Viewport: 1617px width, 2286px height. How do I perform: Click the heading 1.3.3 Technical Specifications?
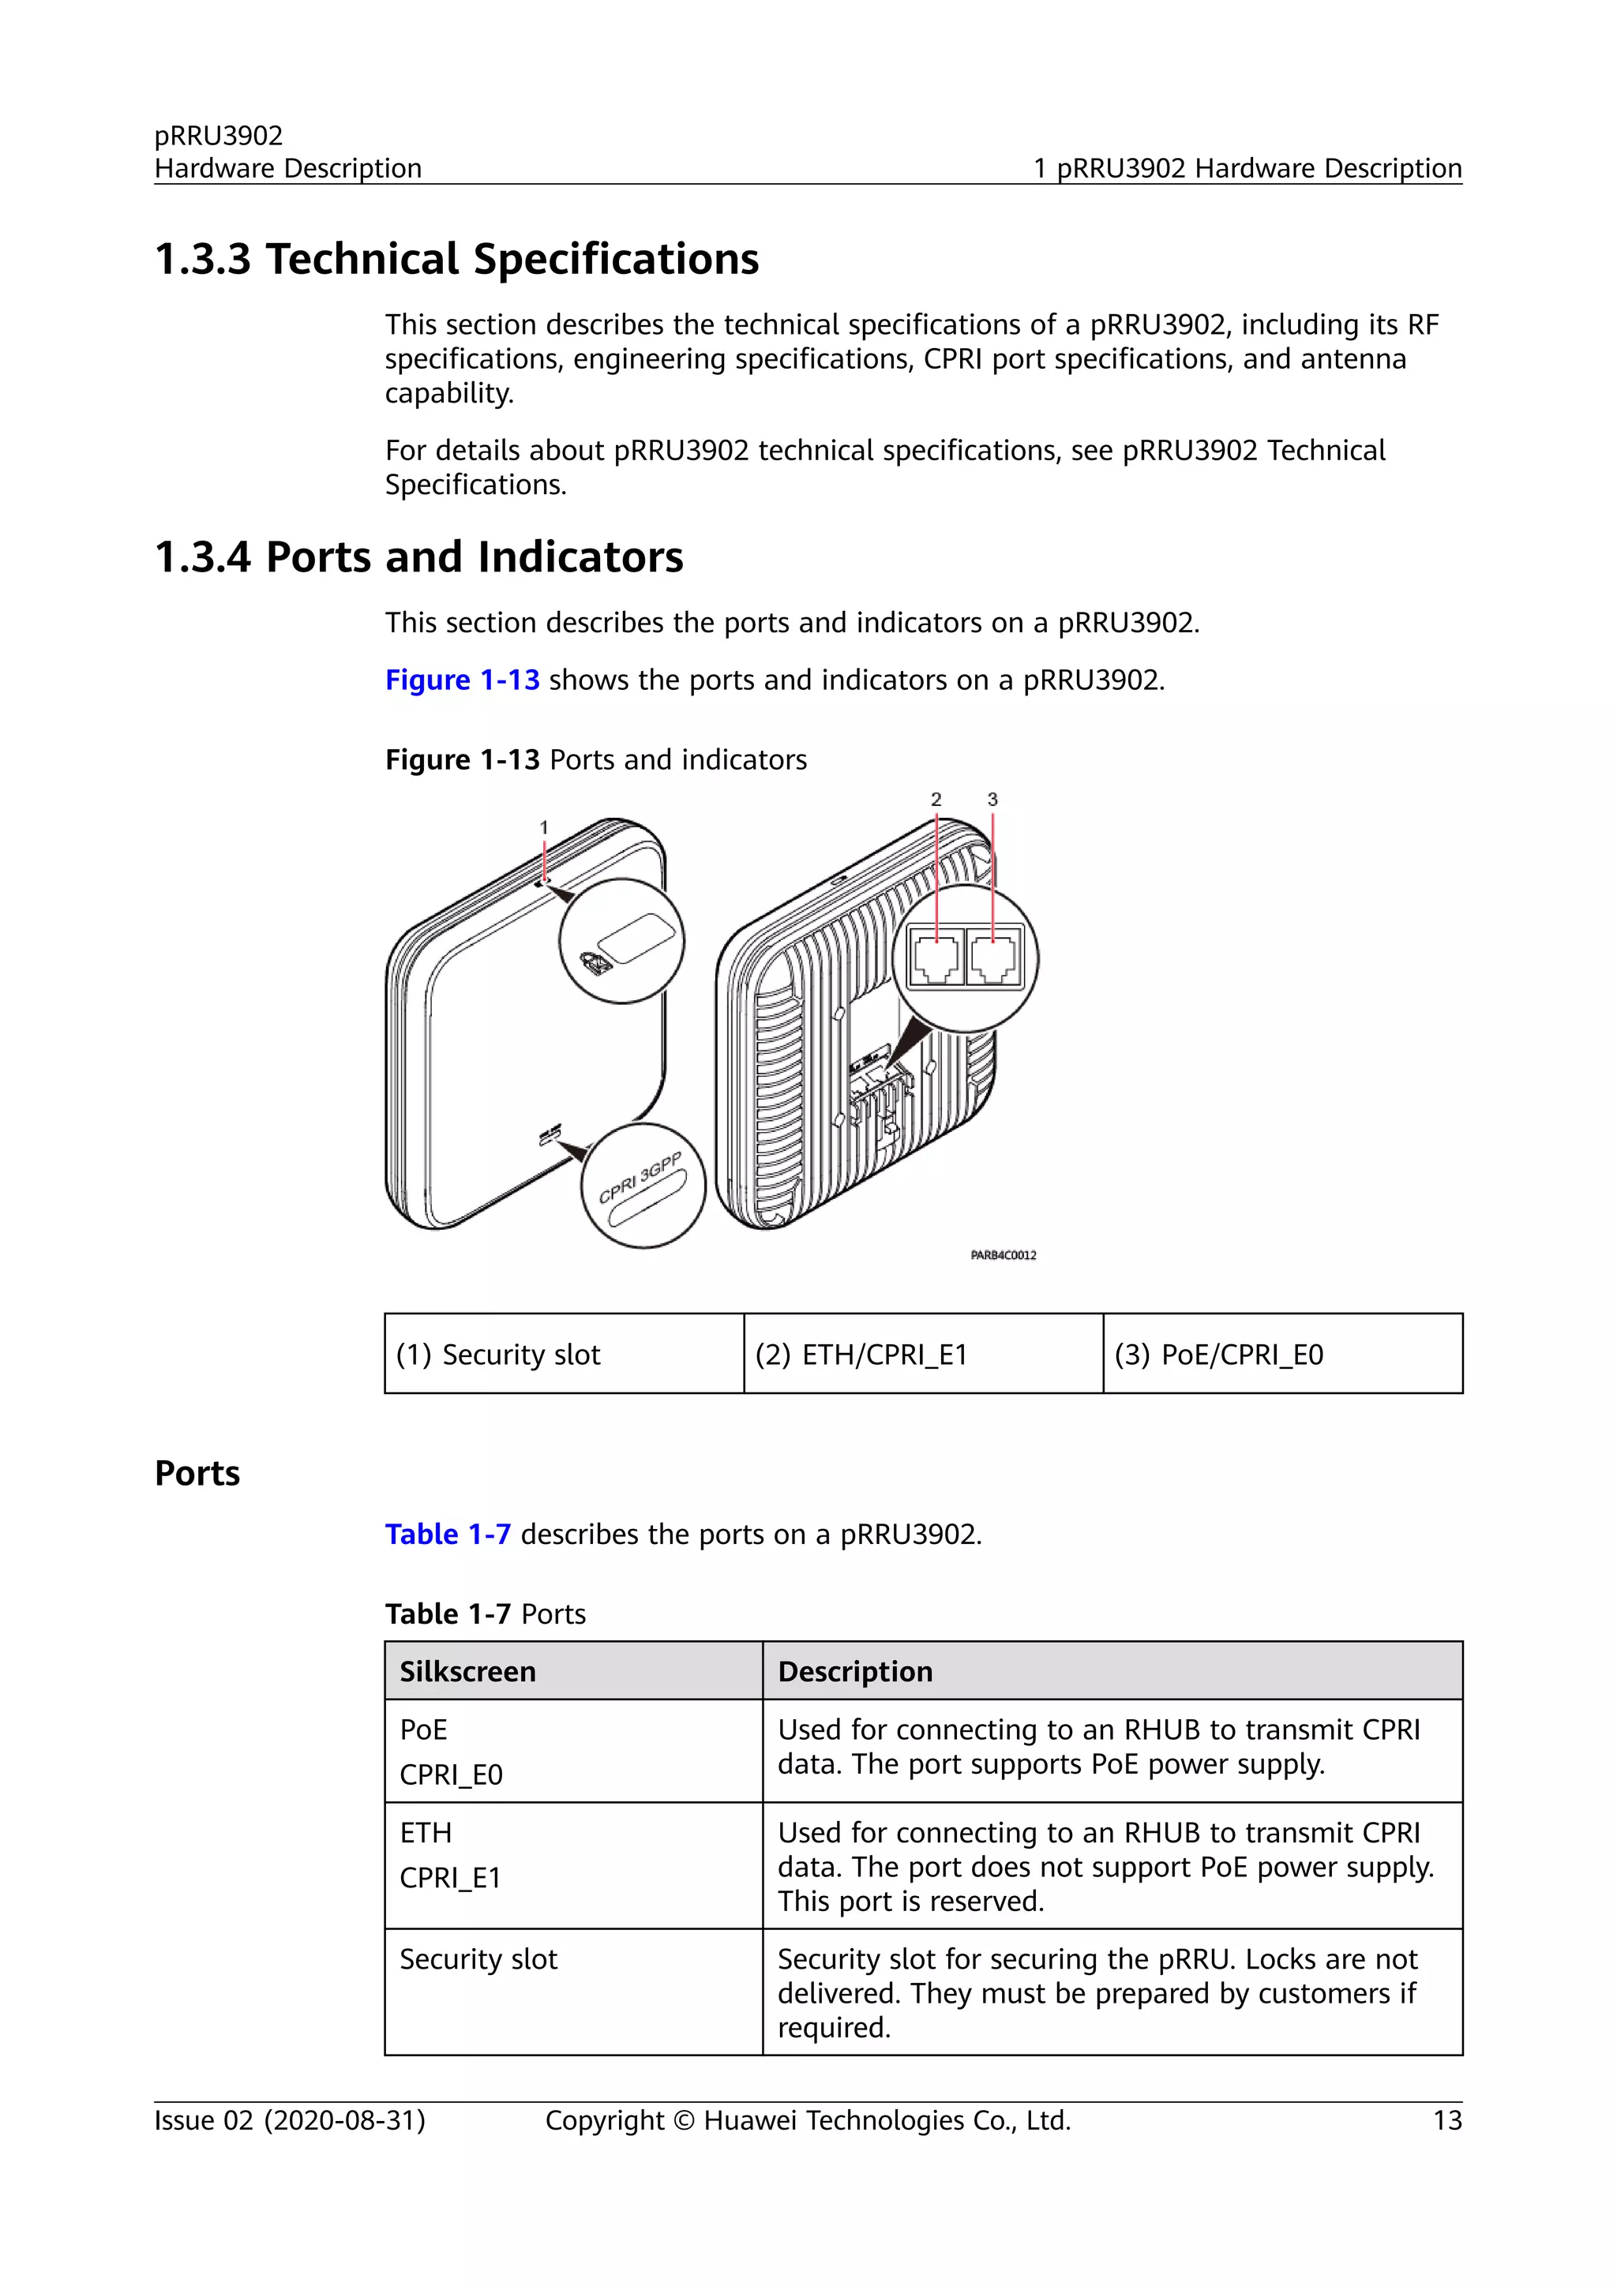pyautogui.click(x=456, y=260)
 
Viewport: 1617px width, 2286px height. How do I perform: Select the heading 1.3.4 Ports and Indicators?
pyautogui.click(x=418, y=557)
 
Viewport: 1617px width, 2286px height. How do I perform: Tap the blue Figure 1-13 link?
pyautogui.click(x=462, y=680)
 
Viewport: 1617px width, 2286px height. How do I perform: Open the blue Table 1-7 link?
pyautogui.click(x=448, y=1535)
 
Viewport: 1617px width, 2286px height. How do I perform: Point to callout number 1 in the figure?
pyautogui.click(x=544, y=827)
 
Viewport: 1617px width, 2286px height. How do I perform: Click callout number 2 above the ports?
pyautogui.click(x=936, y=800)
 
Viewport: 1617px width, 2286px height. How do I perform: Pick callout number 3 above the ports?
pyautogui.click(x=992, y=800)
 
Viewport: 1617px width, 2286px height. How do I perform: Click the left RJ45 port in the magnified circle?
pyautogui.click(x=937, y=957)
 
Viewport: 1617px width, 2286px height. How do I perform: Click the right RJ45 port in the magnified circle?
pyautogui.click(x=995, y=957)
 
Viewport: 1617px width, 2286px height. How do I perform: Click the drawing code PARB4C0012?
pyautogui.click(x=1003, y=1256)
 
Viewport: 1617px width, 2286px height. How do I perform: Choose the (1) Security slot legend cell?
pyautogui.click(x=564, y=1354)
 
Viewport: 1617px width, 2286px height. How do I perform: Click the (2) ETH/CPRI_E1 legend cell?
pyautogui.click(x=923, y=1354)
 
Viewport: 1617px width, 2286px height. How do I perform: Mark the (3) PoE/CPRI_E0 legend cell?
pyautogui.click(x=1282, y=1354)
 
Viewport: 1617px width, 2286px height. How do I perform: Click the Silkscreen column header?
pyautogui.click(x=468, y=1672)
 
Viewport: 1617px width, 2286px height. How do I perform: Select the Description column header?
pyautogui.click(x=855, y=1672)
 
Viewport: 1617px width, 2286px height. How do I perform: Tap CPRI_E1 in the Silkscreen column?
pyautogui.click(x=450, y=1878)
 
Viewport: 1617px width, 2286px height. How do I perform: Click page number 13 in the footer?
pyautogui.click(x=1446, y=2121)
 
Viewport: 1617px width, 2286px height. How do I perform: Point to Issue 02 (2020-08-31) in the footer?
pyautogui.click(x=290, y=2121)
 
